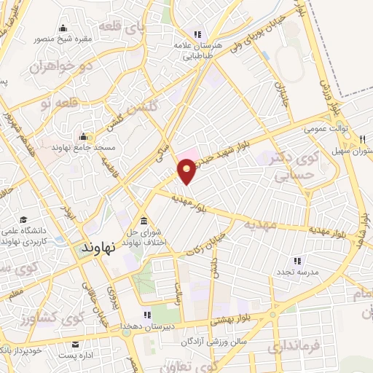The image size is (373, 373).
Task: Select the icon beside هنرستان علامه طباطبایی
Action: coord(196,34)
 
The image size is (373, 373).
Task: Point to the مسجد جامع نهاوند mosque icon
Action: coord(82,136)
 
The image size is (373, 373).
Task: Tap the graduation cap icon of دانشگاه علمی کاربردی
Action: coord(23,220)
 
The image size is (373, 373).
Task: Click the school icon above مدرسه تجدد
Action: coord(297,260)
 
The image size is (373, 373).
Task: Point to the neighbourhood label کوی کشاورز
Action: coord(44,318)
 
